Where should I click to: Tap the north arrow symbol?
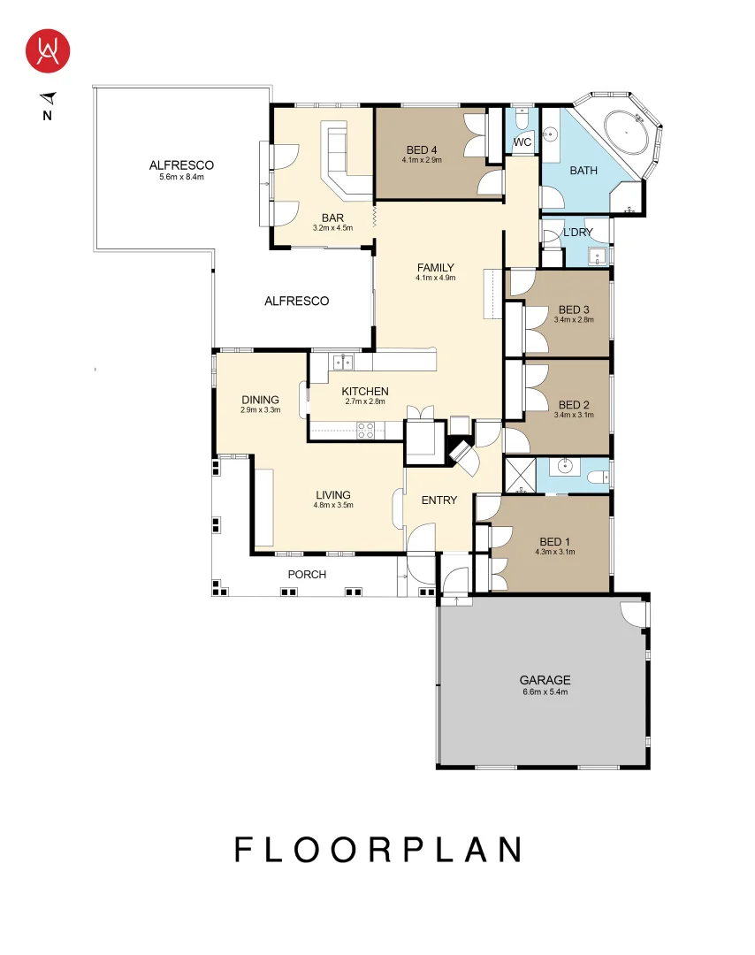[x=48, y=98]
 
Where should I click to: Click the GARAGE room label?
[x=545, y=680]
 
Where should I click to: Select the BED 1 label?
[x=555, y=541]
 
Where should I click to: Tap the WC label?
[x=522, y=141]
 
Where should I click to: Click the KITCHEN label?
[x=365, y=391]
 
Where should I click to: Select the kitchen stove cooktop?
[x=365, y=430]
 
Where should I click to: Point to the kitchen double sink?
[x=342, y=361]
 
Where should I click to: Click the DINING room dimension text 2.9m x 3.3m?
[x=260, y=409]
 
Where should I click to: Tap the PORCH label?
[x=307, y=575]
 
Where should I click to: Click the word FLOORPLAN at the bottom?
[x=377, y=850]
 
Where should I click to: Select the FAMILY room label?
[x=435, y=267]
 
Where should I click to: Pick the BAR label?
[x=332, y=218]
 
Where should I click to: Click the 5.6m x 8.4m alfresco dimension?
[x=181, y=177]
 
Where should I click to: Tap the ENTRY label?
[x=439, y=500]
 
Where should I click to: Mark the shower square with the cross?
[x=520, y=476]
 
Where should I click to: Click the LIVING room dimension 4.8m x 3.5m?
[x=332, y=505]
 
